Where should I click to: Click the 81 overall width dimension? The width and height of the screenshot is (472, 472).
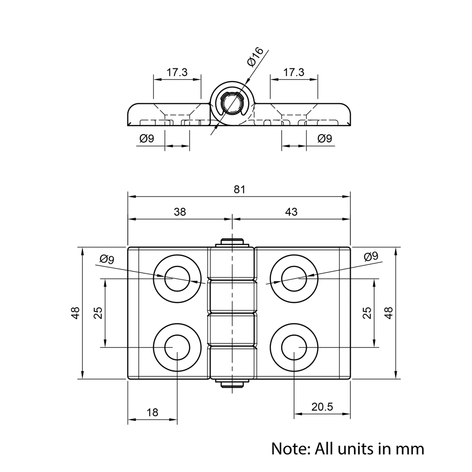pyautogui.click(x=240, y=190)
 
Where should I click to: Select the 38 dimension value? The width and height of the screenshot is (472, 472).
pyautogui.click(x=180, y=212)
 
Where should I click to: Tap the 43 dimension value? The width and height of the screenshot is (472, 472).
pyautogui.click(x=291, y=212)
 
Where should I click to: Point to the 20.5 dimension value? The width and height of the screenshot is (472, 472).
pyautogui.click(x=322, y=407)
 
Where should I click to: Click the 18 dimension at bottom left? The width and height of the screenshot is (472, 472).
pyautogui.click(x=152, y=412)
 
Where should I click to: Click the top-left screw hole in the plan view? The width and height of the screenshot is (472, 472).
pyautogui.click(x=177, y=279)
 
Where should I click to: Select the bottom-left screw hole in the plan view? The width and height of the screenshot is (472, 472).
pyautogui.click(x=177, y=348)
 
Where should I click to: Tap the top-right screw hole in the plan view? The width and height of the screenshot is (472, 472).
pyautogui.click(x=294, y=279)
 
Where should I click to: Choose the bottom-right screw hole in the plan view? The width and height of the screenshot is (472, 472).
pyautogui.click(x=294, y=348)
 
